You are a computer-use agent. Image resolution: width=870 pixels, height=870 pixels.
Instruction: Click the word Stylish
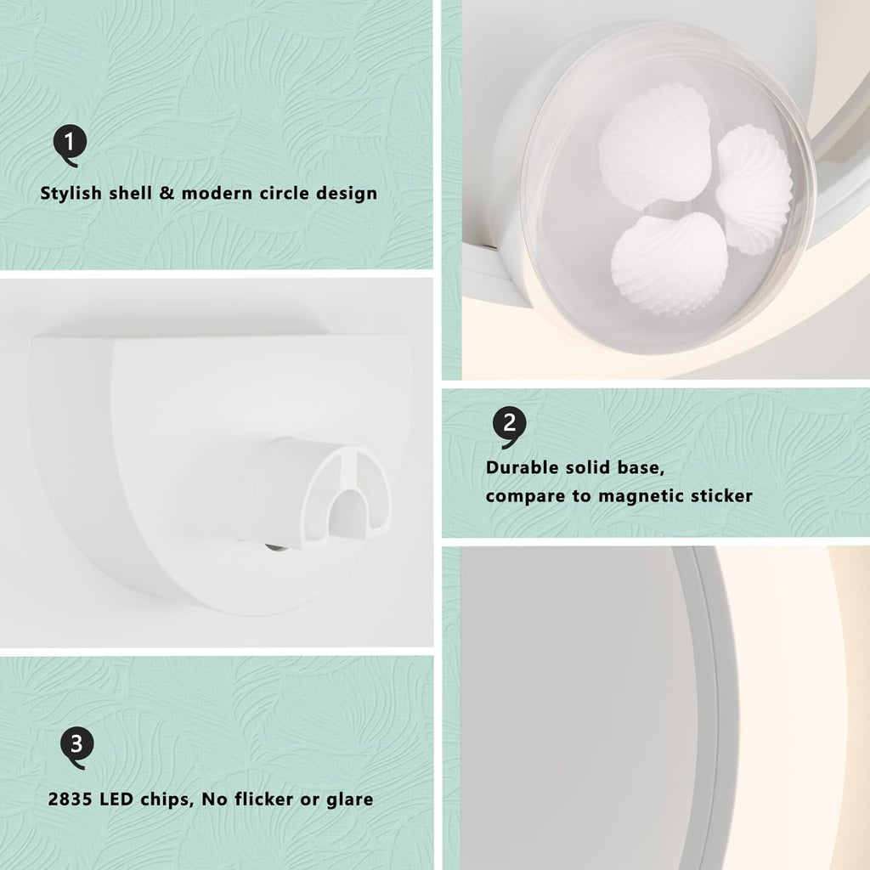point(71,194)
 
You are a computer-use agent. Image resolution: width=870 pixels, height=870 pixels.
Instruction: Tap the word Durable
point(521,468)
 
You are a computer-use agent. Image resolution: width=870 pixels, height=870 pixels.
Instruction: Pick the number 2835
point(71,799)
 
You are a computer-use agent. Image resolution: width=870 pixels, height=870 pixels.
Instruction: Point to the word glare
point(349,800)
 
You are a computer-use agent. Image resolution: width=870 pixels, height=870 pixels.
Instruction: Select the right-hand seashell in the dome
point(754,189)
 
